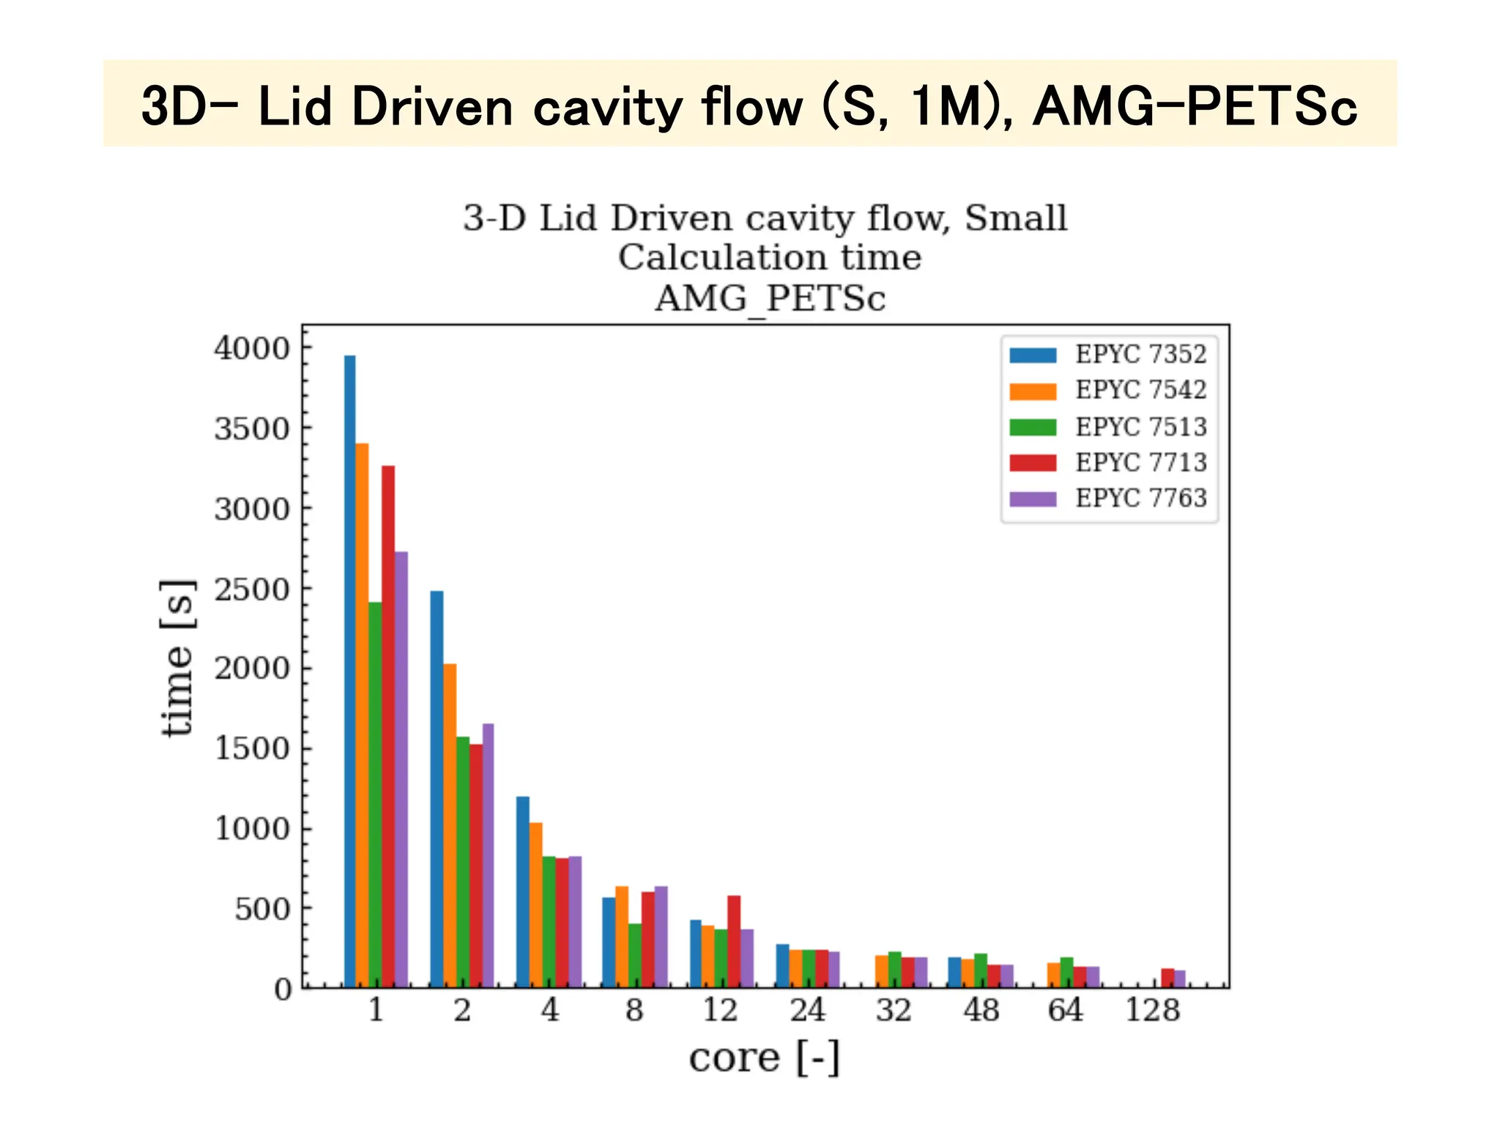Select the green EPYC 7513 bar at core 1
(376, 795)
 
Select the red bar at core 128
(1167, 979)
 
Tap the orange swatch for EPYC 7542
(1033, 391)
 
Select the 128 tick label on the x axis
(1152, 1011)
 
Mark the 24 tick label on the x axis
(807, 1011)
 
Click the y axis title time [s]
(178, 657)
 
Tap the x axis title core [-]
(764, 1058)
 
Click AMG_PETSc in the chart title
(770, 299)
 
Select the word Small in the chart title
(1015, 218)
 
